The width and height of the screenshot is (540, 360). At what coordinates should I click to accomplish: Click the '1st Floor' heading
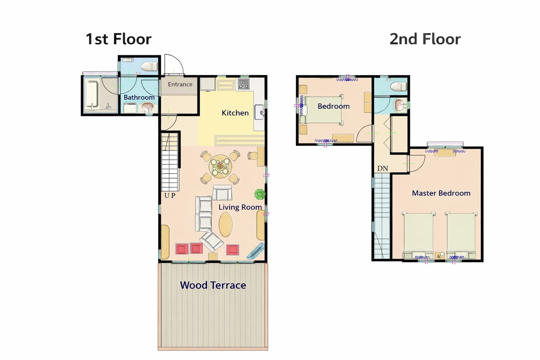[x=118, y=39]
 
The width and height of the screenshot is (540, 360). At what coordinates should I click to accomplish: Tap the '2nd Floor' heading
[x=425, y=39]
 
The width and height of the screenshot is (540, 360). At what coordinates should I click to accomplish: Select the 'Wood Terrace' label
[x=213, y=285]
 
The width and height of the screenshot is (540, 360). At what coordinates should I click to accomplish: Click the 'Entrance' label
[x=180, y=84]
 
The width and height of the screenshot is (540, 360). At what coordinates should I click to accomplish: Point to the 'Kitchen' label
[x=235, y=113]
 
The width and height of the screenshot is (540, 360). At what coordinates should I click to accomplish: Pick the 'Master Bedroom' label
[x=441, y=193]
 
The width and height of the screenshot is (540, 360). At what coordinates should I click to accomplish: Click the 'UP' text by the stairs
[x=170, y=195]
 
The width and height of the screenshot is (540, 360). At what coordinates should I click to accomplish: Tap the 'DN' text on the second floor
[x=382, y=168]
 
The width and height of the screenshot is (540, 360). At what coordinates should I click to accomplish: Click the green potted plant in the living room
[x=260, y=194]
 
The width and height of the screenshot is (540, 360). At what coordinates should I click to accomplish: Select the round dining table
[x=220, y=166]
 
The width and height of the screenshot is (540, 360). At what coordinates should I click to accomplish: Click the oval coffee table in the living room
[x=225, y=225]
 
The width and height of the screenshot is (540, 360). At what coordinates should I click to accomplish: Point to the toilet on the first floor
[x=149, y=66]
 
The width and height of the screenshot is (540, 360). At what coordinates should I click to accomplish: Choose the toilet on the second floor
[x=398, y=86]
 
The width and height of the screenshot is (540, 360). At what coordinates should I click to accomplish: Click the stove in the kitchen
[x=244, y=84]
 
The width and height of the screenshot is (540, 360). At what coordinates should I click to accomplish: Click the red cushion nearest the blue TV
[x=233, y=250]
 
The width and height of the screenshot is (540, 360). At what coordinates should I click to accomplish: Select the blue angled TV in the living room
[x=255, y=251]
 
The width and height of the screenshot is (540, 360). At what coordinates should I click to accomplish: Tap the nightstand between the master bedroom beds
[x=439, y=256]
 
